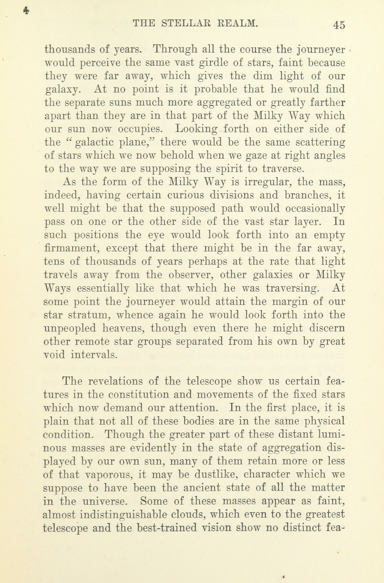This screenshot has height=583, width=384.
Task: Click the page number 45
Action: coord(339,25)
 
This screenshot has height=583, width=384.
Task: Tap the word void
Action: coord(55,355)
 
